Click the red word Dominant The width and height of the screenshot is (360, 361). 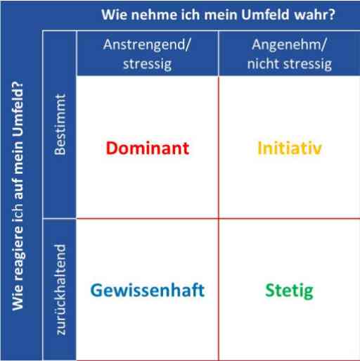pos(148,148)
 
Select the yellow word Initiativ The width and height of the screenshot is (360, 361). pos(290,148)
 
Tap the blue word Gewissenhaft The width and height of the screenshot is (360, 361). pos(148,291)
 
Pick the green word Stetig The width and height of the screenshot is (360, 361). pos(289,291)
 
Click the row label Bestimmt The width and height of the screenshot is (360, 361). pos(60,125)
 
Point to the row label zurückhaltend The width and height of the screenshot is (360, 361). pos(60,289)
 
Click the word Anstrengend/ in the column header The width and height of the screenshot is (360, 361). pos(147,44)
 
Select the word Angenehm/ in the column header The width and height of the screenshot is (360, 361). pos(289,45)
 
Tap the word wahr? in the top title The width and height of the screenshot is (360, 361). pos(315,15)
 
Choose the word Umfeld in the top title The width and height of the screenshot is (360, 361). pos(265,15)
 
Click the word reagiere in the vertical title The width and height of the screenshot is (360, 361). pos(18,253)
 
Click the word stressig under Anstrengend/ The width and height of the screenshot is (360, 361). pos(148,64)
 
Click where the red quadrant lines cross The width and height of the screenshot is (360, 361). pos(219,218)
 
